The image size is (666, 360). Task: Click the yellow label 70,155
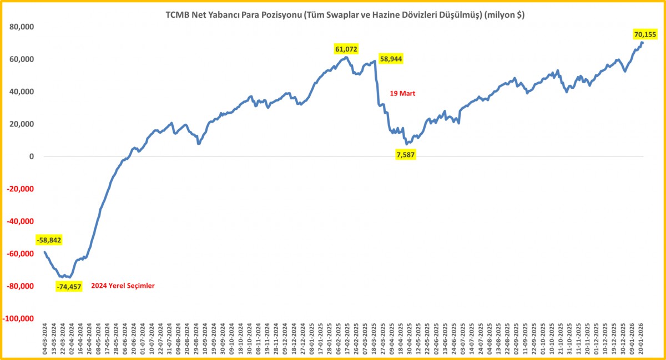coord(645,34)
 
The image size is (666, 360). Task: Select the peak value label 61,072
coord(346,49)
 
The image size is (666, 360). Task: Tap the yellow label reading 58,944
coord(391,58)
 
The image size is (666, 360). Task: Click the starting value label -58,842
coord(49,240)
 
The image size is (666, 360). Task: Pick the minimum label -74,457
coord(69,287)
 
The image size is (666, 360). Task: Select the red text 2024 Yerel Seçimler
coord(123,286)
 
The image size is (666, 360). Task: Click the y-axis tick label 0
coord(32,156)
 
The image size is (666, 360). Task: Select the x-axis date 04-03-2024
coord(45,341)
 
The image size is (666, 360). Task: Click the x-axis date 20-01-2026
coord(641,341)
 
